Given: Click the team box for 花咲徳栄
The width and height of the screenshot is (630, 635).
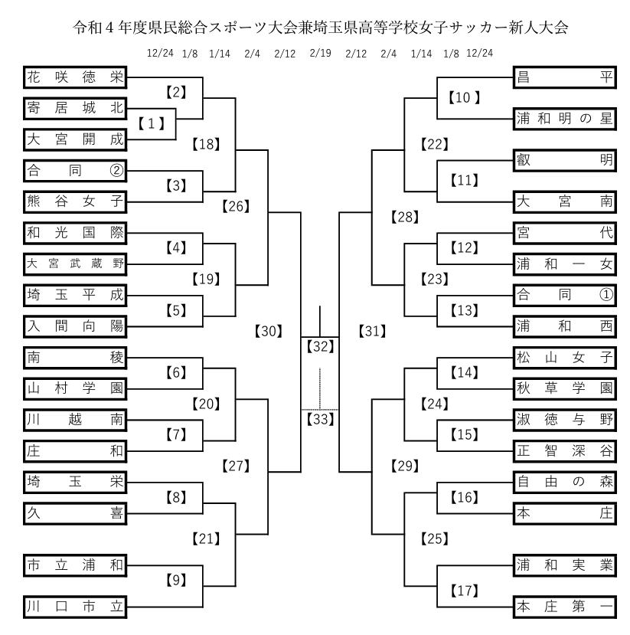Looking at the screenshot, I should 74,77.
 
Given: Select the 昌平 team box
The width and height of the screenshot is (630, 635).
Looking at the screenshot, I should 565,77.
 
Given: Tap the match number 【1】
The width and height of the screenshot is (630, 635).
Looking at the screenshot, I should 152,123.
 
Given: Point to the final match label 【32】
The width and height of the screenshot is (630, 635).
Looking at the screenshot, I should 320,346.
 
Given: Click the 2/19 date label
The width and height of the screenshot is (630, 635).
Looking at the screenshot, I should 321,54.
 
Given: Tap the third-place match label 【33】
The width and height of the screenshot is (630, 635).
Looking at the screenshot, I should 320,419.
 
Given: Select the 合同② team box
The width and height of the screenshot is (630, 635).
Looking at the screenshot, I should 74,169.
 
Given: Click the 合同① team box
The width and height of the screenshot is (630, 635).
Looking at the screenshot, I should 565,293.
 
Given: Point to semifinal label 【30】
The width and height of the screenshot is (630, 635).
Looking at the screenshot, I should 266,332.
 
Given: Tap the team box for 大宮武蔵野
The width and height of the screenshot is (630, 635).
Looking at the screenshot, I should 74,263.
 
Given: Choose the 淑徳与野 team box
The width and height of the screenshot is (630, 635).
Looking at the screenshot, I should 565,419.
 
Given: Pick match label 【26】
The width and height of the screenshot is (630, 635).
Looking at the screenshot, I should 237,205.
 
